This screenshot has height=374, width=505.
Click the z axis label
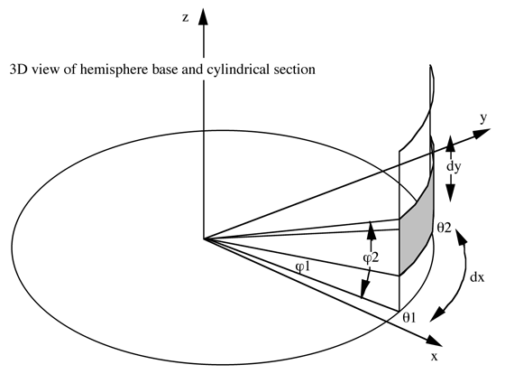[185, 18]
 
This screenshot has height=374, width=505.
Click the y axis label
[483, 118]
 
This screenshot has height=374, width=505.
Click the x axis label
[435, 357]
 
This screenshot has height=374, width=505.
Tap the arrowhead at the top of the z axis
[203, 17]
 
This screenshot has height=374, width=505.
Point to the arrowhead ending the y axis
[482, 133]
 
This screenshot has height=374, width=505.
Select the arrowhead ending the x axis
[434, 341]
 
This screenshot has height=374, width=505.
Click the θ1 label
[409, 318]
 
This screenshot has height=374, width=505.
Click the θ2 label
[444, 228]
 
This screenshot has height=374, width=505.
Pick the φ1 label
[302, 266]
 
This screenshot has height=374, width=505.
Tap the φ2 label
[371, 257]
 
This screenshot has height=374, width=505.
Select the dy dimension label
[454, 167]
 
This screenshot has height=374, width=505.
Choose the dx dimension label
[477, 277]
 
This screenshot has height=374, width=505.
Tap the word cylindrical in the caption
[238, 70]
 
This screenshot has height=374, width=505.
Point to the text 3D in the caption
[17, 70]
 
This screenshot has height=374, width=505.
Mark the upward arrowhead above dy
[450, 144]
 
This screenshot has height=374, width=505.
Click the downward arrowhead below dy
[450, 193]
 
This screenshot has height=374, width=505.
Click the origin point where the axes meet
[204, 238]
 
